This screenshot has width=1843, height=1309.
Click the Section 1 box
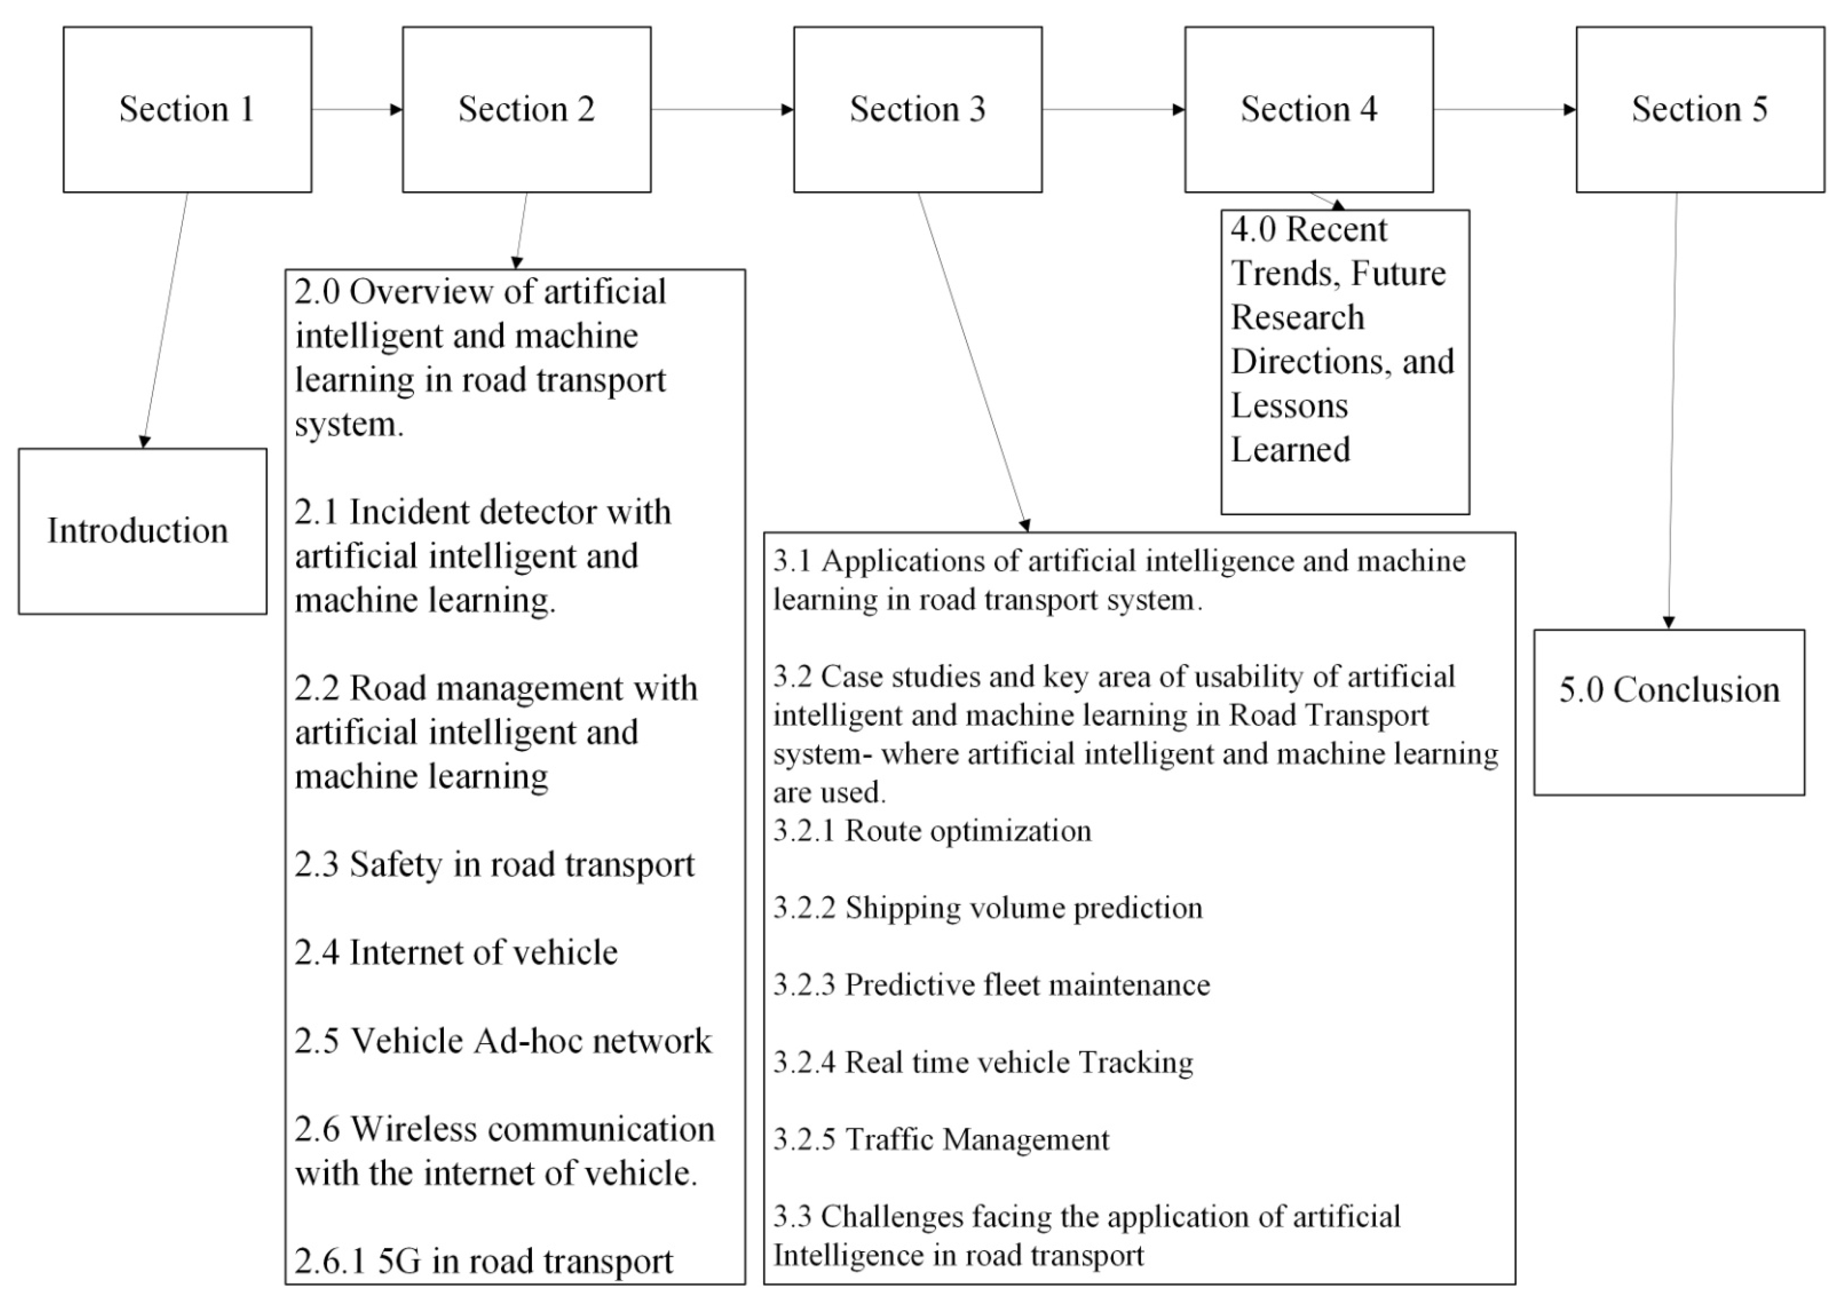point(187,110)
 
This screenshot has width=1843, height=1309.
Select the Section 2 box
point(526,110)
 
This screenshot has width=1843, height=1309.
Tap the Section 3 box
point(917,110)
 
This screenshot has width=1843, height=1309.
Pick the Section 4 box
point(1309,110)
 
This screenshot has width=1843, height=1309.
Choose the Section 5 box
point(1700,110)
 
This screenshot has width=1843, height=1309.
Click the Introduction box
point(142,531)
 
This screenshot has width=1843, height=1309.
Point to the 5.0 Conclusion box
point(1669,713)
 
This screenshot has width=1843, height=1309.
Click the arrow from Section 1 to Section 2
point(356,110)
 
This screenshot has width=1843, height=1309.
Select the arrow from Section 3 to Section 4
point(1113,110)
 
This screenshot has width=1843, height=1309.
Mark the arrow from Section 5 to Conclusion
point(1673,411)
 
